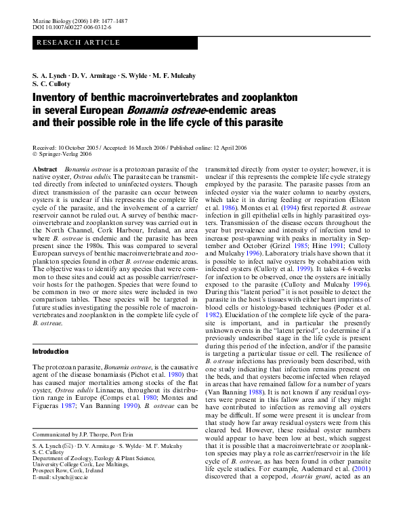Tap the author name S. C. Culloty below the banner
[x=52, y=84]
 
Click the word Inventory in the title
[x=56, y=98]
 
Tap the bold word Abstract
[x=45, y=168]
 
